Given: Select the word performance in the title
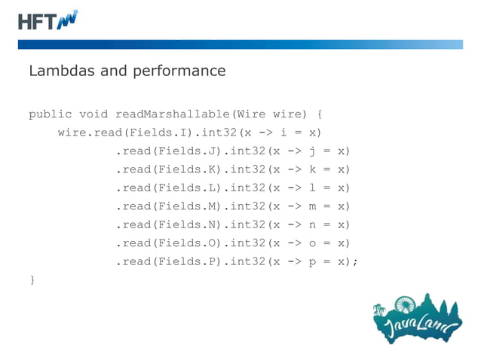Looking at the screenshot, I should (x=184, y=72).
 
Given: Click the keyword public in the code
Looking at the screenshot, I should (x=50, y=114).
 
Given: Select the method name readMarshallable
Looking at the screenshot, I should (x=172, y=114).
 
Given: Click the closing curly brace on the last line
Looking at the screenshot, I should (x=32, y=280).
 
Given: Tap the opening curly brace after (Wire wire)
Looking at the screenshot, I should (x=320, y=114).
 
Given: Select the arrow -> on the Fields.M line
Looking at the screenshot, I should (x=294, y=206).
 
